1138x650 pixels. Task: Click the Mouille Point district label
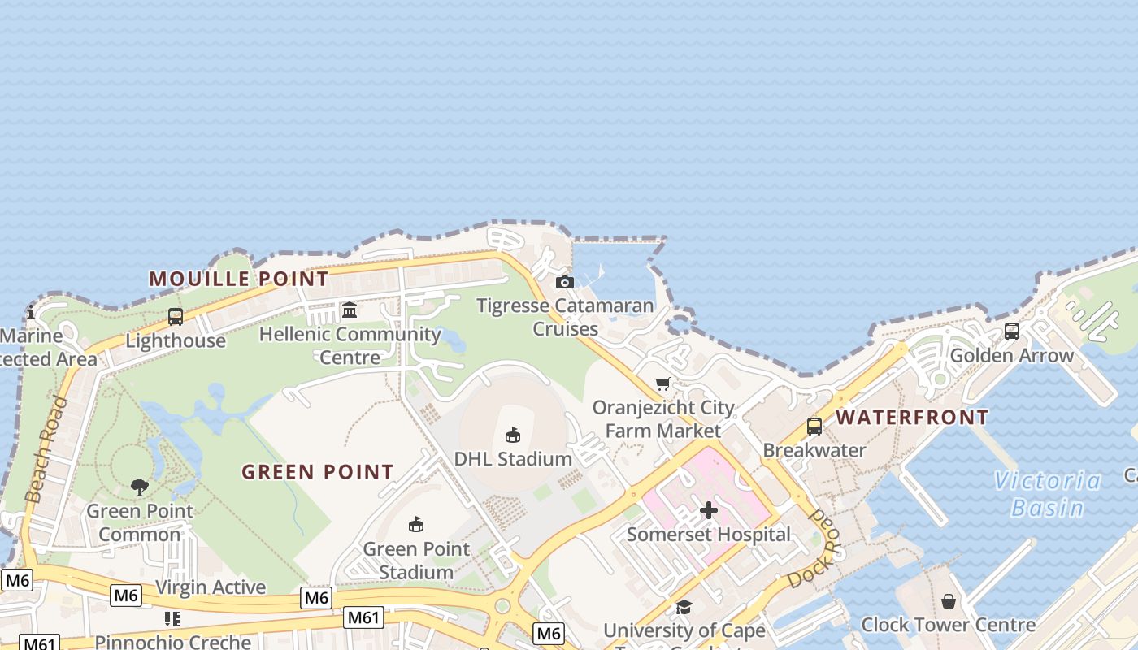[x=239, y=279]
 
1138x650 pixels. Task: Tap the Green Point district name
[x=318, y=471]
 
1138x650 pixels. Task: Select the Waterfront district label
[x=912, y=418]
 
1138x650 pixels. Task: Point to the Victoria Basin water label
[x=1048, y=494]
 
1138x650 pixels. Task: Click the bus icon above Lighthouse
[x=176, y=317]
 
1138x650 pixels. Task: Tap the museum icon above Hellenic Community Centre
[x=350, y=310]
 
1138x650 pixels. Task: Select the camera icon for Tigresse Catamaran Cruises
[x=565, y=282]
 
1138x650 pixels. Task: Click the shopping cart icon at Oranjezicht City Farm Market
[x=663, y=383]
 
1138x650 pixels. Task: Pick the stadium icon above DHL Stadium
[x=513, y=435]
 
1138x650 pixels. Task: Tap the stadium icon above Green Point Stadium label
[x=416, y=524]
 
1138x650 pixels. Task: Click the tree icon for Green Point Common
[x=140, y=487]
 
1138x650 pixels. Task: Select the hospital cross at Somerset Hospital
[x=709, y=510]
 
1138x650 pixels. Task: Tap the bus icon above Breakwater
[x=814, y=426]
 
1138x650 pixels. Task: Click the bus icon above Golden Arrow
[x=1012, y=331]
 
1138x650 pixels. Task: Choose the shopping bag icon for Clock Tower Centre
[x=948, y=601]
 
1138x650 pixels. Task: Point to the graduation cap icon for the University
[x=684, y=607]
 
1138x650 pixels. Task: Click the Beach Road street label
[x=46, y=449]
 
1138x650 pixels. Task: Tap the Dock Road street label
[x=813, y=549]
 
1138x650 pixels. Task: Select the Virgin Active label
[x=211, y=587]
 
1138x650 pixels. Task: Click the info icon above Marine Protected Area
[x=31, y=312]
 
